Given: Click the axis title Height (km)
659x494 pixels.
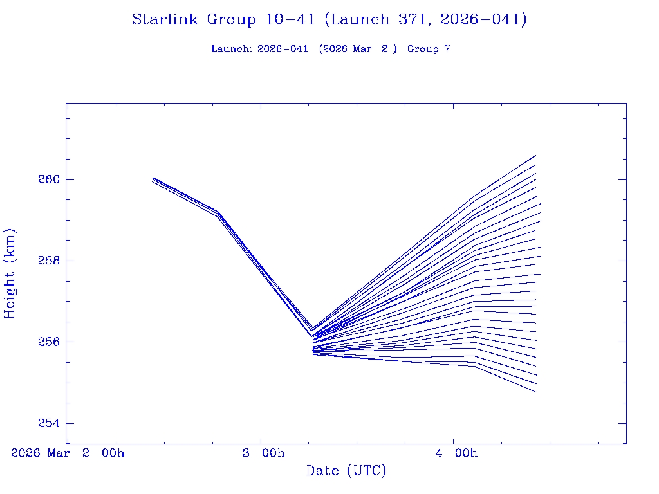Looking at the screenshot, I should [10, 273].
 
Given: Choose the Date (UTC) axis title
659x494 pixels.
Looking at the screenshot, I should [346, 471].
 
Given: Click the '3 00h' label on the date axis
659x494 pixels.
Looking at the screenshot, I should [263, 453].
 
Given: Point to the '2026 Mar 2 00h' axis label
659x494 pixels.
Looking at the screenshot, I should [68, 453].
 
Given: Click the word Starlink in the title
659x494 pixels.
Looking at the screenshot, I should [166, 20].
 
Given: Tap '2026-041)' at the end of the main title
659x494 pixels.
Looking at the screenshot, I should [484, 20].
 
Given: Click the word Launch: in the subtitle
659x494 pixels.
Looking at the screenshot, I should [232, 50].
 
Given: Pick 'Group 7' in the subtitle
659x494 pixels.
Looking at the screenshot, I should [429, 50].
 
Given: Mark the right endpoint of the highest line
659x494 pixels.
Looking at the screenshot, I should [535, 156].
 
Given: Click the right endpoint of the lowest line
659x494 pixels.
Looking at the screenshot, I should [536, 392].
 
